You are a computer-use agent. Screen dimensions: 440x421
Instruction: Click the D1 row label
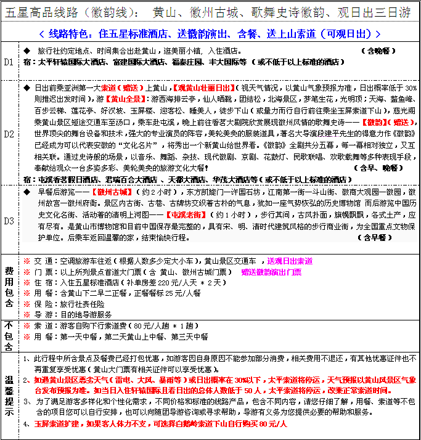point(9,62)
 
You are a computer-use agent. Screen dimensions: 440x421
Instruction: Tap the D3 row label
point(9,221)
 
